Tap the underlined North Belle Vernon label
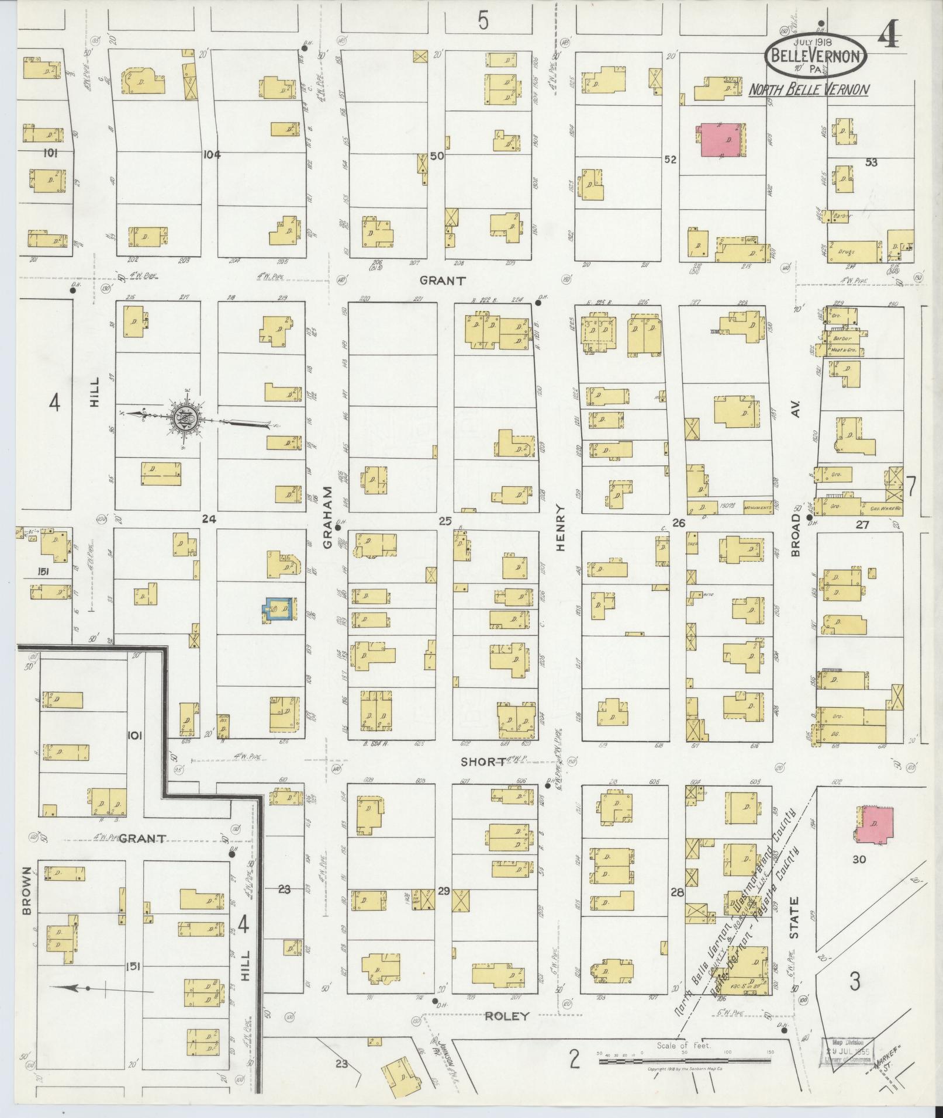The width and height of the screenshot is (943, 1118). pos(809,89)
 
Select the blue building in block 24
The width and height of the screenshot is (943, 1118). pos(280,609)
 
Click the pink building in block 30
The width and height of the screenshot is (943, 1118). pos(875,825)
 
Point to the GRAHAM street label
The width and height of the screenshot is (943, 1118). pos(327,517)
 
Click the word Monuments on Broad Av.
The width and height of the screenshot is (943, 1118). pos(757,508)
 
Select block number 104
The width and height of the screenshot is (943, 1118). pos(211,155)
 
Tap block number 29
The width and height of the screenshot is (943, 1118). pos(444,907)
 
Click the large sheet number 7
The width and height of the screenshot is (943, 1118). pos(910,486)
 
